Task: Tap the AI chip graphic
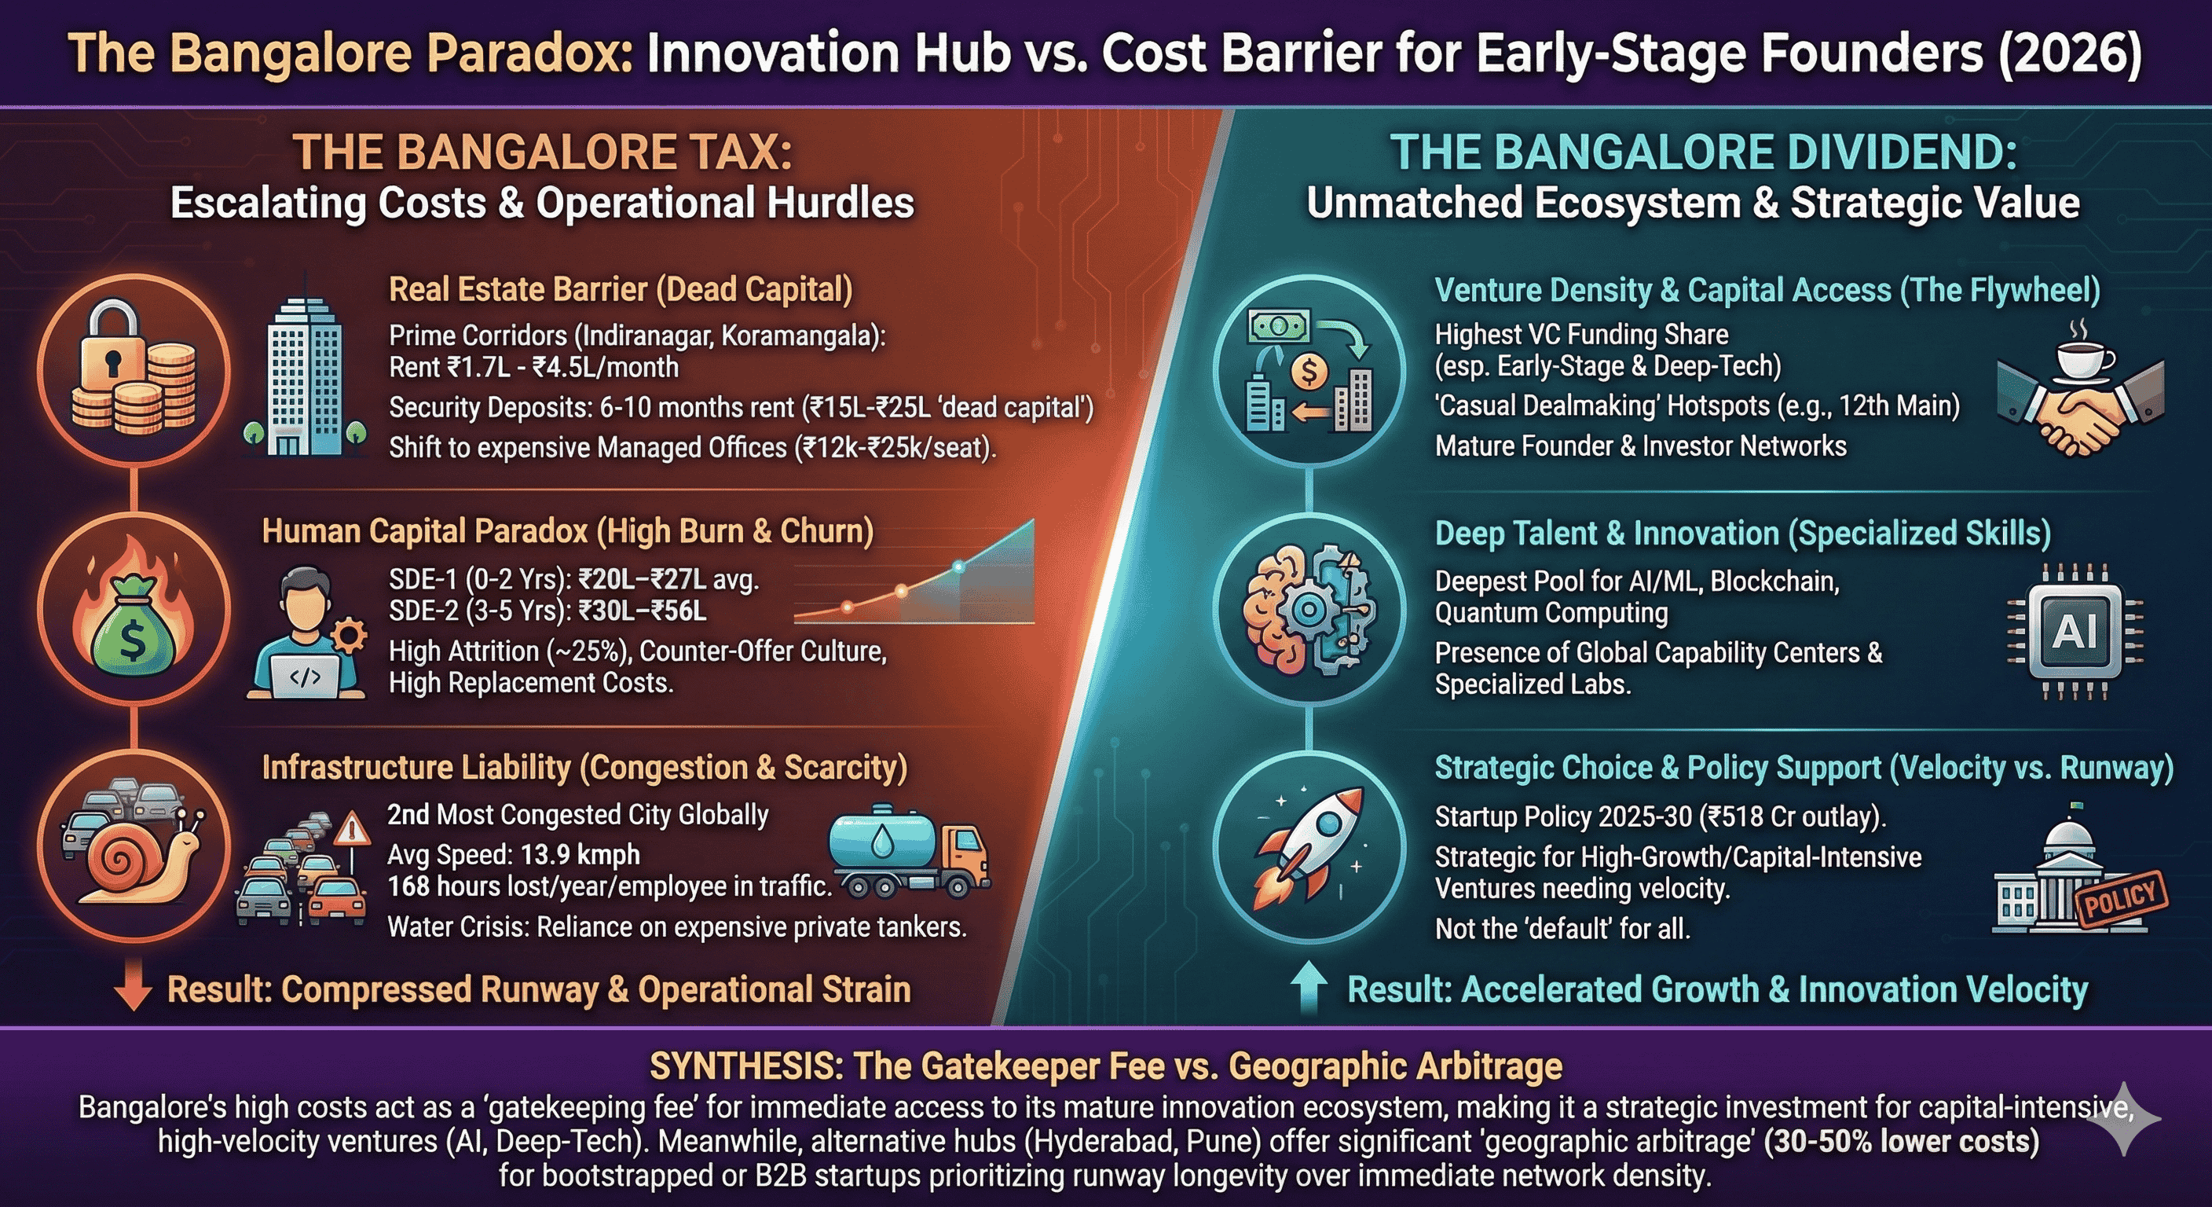2075,632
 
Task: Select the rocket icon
1308,846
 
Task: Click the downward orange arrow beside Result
133,989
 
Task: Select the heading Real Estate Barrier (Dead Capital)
621,289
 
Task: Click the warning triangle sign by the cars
350,829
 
